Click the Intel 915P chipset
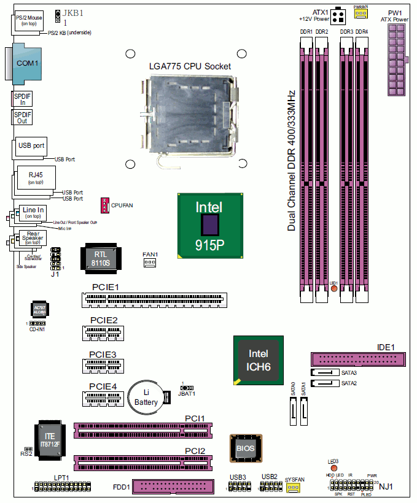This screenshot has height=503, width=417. click(210, 225)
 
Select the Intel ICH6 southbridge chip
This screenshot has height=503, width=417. click(258, 360)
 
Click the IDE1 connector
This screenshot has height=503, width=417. click(358, 359)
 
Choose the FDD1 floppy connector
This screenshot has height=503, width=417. click(173, 487)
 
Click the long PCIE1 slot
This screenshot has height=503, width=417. click(153, 299)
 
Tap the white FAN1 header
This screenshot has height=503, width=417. click(150, 263)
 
